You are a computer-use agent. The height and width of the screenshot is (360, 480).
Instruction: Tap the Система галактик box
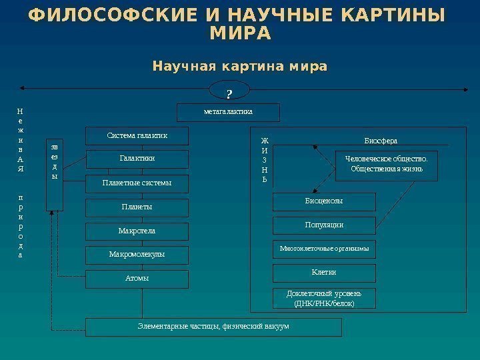(x=137, y=136)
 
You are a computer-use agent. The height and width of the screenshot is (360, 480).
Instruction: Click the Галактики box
(x=137, y=159)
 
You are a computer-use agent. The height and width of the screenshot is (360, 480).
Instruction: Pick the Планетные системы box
(x=137, y=183)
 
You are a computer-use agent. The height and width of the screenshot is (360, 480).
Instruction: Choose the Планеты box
(x=137, y=207)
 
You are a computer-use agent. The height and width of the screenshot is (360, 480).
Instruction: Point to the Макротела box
(x=137, y=231)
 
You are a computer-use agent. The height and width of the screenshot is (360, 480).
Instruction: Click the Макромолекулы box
(x=137, y=255)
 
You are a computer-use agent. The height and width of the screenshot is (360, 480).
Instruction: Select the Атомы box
(x=137, y=278)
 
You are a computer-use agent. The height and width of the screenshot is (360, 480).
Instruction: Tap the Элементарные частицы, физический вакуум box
(x=213, y=327)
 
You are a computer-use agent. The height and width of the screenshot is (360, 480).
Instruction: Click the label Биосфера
(x=381, y=141)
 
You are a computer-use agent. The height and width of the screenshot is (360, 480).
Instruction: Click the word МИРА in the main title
(x=240, y=33)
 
